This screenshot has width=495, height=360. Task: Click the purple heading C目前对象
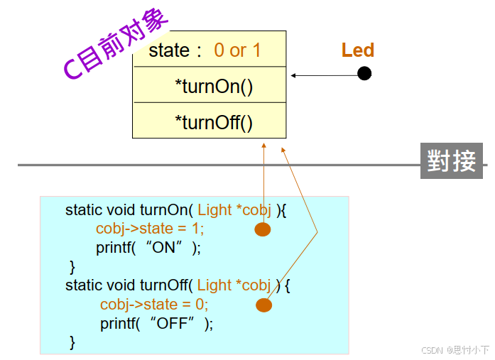point(116,45)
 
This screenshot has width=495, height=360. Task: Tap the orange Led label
point(357,50)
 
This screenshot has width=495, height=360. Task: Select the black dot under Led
point(364,73)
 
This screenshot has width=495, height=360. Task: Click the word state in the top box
point(169,50)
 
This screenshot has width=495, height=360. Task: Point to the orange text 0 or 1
point(237,50)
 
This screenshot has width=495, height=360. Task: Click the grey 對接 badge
point(452,160)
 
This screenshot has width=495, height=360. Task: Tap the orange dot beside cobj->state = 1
point(263,229)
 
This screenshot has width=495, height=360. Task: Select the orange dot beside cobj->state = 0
point(263,305)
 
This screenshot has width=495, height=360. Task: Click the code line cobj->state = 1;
point(150,229)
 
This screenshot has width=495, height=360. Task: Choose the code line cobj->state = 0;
point(154,304)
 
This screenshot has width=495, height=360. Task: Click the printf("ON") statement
point(148,248)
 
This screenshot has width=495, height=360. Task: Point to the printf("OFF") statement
point(156,323)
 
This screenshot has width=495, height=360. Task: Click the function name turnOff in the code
point(165,285)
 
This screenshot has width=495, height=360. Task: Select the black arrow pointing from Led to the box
point(324,75)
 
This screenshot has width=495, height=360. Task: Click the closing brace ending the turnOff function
point(72,342)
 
